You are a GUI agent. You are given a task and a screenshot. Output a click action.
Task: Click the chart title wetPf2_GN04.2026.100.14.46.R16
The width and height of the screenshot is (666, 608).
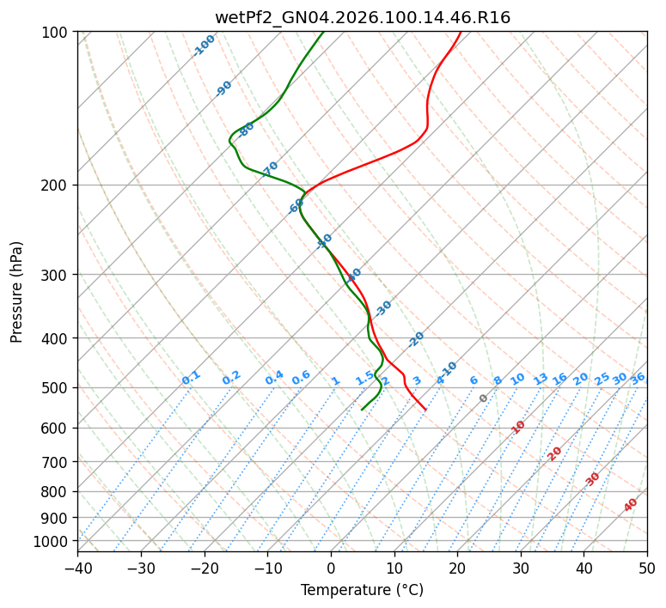point(362,17)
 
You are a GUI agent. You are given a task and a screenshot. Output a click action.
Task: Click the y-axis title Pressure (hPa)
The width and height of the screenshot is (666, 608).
point(17,291)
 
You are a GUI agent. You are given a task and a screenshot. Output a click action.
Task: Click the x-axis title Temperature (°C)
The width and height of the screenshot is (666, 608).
point(362,590)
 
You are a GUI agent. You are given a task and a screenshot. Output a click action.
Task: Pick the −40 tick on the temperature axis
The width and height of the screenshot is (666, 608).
point(77,568)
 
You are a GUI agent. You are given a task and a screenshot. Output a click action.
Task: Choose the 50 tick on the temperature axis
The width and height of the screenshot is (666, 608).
point(647,568)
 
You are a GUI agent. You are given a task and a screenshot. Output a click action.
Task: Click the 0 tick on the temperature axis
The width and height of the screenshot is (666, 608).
point(331,568)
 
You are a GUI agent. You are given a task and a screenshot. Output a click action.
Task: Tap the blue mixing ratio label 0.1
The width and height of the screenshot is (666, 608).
point(192,377)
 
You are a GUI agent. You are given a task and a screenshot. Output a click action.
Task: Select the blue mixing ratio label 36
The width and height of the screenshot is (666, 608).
point(638,378)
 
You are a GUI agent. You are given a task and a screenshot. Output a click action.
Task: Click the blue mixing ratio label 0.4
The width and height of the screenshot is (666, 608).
point(274,378)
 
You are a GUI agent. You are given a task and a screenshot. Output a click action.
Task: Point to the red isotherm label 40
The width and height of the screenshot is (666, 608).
point(631,505)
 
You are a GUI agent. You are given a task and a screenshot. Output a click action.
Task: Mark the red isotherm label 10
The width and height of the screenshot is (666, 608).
point(518,427)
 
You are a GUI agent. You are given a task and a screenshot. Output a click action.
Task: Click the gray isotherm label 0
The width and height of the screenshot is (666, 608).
point(484,398)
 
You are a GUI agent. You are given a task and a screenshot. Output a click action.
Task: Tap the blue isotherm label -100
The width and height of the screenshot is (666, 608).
point(204,46)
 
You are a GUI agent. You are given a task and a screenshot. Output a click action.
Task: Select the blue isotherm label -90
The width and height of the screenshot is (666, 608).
point(224,88)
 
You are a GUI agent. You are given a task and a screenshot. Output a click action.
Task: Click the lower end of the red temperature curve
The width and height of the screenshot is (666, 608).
point(425,410)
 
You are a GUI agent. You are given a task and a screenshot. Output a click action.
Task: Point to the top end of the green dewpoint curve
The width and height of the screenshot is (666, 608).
point(323,32)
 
